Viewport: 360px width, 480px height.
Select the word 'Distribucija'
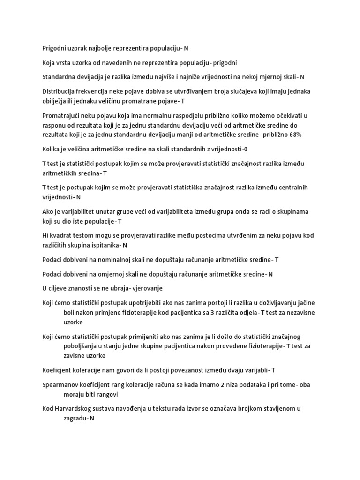(59, 91)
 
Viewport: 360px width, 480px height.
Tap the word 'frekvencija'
(97, 91)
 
